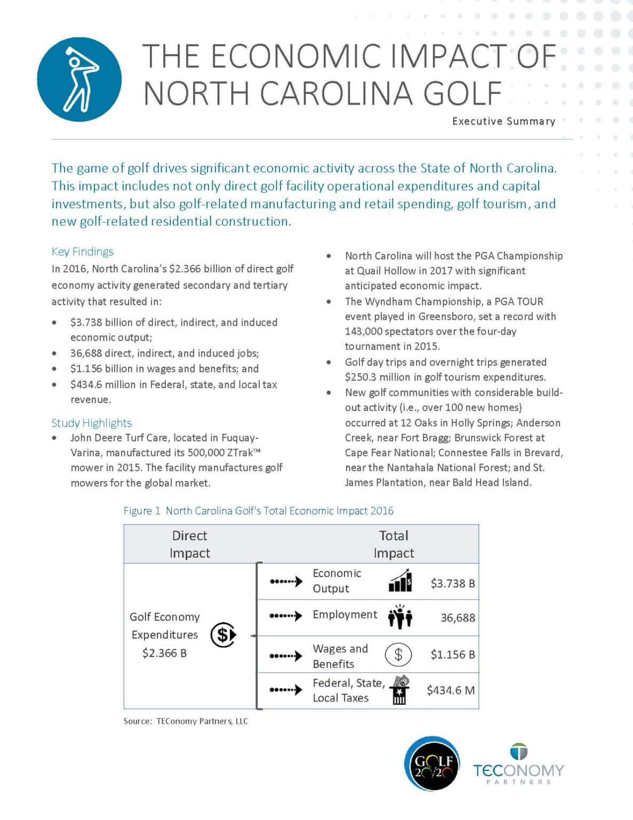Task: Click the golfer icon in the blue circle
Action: (x=79, y=79)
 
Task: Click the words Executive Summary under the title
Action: (x=503, y=121)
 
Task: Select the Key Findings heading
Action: (x=83, y=251)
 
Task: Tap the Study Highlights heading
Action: (x=91, y=423)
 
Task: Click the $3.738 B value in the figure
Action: (x=453, y=583)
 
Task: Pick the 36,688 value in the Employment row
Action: (x=458, y=618)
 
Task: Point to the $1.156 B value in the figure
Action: (x=453, y=654)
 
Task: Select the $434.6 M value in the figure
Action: (x=451, y=690)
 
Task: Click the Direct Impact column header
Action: (x=189, y=544)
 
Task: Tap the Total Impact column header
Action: (x=394, y=544)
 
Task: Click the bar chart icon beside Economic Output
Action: (x=400, y=581)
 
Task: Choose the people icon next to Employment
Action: (x=400, y=617)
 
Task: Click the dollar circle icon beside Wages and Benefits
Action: (x=398, y=655)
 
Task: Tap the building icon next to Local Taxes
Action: (x=399, y=690)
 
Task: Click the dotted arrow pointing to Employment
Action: (x=286, y=616)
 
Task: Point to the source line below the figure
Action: (x=186, y=721)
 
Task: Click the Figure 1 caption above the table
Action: (x=258, y=510)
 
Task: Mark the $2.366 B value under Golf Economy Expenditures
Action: (x=164, y=653)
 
